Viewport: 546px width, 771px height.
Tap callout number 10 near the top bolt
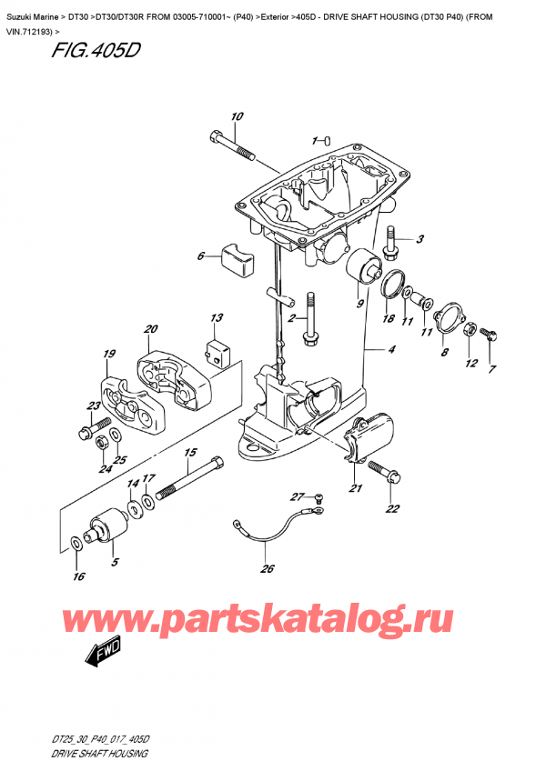point(237,117)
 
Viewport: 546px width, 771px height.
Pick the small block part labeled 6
point(236,259)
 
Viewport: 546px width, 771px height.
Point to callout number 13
point(216,318)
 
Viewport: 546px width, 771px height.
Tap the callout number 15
point(191,452)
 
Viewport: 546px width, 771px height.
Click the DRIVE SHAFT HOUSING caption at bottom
point(88,755)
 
